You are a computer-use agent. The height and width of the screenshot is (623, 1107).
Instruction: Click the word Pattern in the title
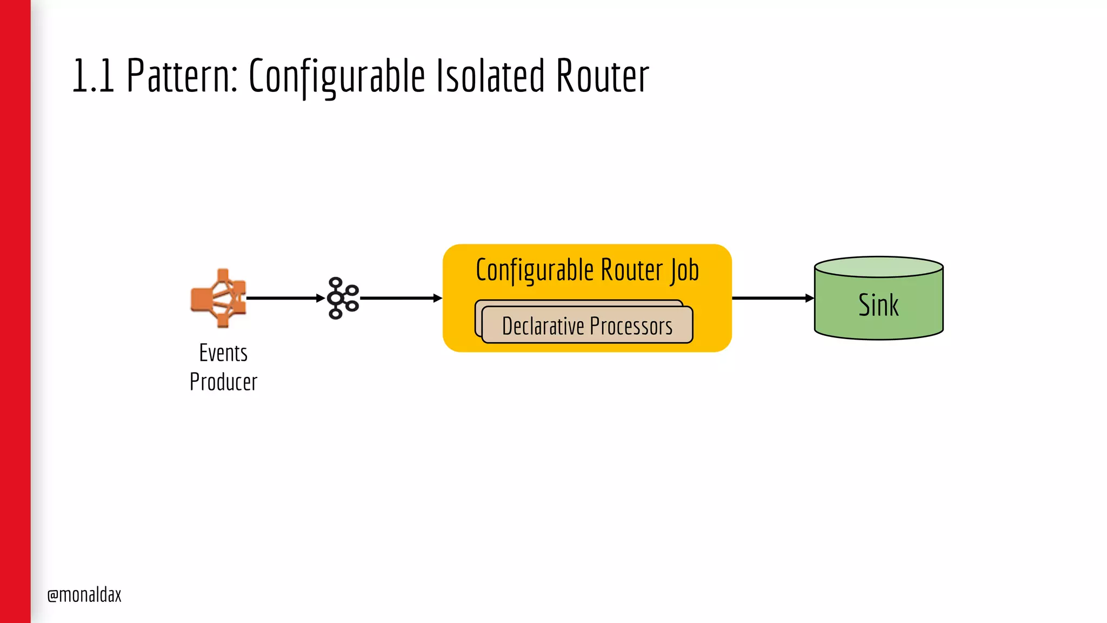pos(182,76)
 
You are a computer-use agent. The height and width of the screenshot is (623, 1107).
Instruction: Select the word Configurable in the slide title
pos(336,76)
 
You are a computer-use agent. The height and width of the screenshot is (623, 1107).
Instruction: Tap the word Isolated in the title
pos(490,76)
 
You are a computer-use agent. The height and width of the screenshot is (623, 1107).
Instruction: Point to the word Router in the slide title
pos(602,76)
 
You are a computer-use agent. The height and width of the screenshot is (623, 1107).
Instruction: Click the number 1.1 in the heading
pos(92,76)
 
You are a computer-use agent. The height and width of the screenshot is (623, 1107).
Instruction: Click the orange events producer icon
pos(219,298)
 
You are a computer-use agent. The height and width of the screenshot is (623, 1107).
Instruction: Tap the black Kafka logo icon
pos(343,298)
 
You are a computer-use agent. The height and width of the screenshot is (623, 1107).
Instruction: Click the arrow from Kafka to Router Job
pos(401,298)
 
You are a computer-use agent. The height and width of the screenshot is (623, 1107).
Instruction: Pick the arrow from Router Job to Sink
pos(772,298)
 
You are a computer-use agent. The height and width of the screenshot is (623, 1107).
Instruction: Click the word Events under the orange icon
pos(223,353)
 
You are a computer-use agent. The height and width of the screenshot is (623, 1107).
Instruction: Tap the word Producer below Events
pos(223,382)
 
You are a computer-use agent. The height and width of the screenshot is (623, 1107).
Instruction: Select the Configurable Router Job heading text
pos(587,270)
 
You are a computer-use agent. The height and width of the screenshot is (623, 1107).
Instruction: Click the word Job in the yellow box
pos(684,270)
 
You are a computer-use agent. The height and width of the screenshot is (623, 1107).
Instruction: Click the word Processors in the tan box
pos(631,326)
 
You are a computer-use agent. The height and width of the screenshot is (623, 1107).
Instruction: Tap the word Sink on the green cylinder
pos(878,305)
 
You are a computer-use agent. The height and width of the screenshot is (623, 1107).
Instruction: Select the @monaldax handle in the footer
pos(84,595)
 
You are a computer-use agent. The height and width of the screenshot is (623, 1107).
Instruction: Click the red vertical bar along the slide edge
pos(15,311)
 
